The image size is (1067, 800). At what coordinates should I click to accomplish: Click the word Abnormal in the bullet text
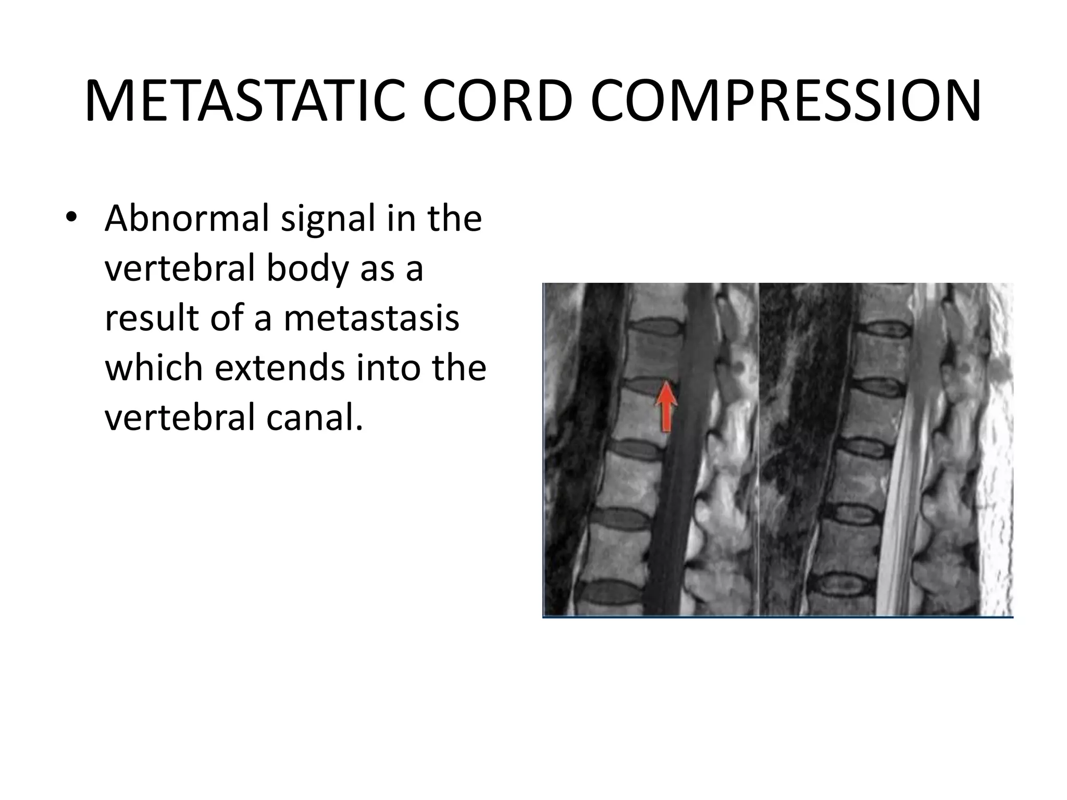(187, 219)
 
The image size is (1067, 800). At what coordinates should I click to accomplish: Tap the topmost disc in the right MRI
(882, 329)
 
